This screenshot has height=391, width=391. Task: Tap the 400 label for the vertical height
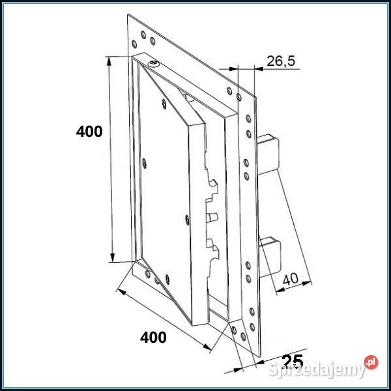89,131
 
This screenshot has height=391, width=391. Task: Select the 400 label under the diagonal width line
153,337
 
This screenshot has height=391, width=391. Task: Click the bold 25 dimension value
294,360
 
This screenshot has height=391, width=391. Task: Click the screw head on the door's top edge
153,63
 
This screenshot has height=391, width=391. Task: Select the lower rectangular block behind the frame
268,252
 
